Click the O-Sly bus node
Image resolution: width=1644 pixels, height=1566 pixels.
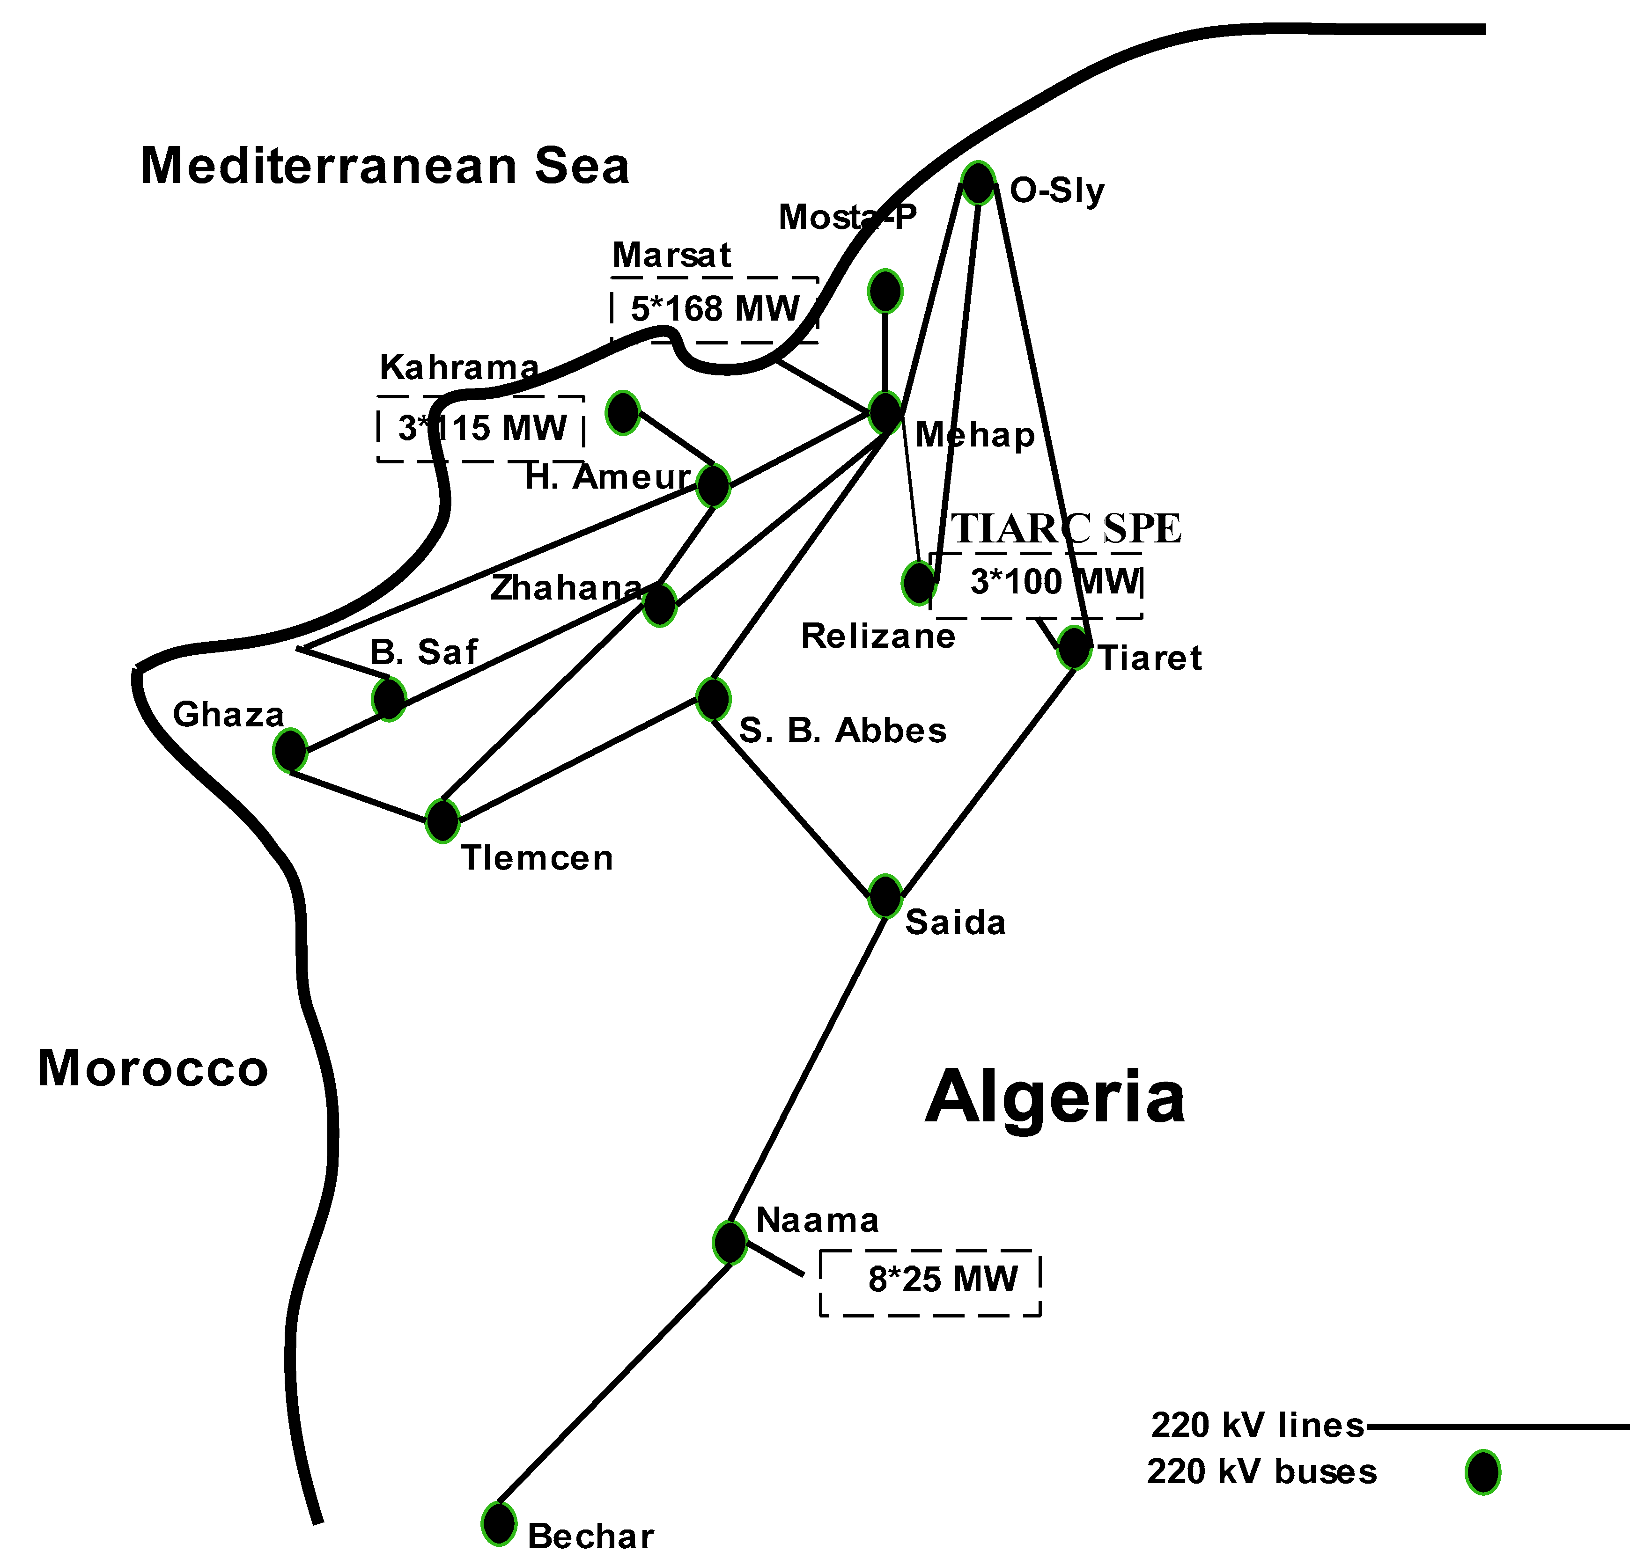click(x=978, y=183)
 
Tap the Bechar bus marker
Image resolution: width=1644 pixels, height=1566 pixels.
click(x=499, y=1523)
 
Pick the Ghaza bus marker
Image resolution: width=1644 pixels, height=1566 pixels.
click(x=290, y=750)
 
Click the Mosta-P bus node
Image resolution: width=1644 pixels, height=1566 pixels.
click(x=885, y=291)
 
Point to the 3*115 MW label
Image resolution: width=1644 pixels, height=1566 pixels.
click(x=482, y=428)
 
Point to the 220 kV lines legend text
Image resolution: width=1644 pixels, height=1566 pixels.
click(x=1257, y=1425)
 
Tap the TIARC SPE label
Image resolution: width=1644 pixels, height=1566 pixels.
click(x=1066, y=528)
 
